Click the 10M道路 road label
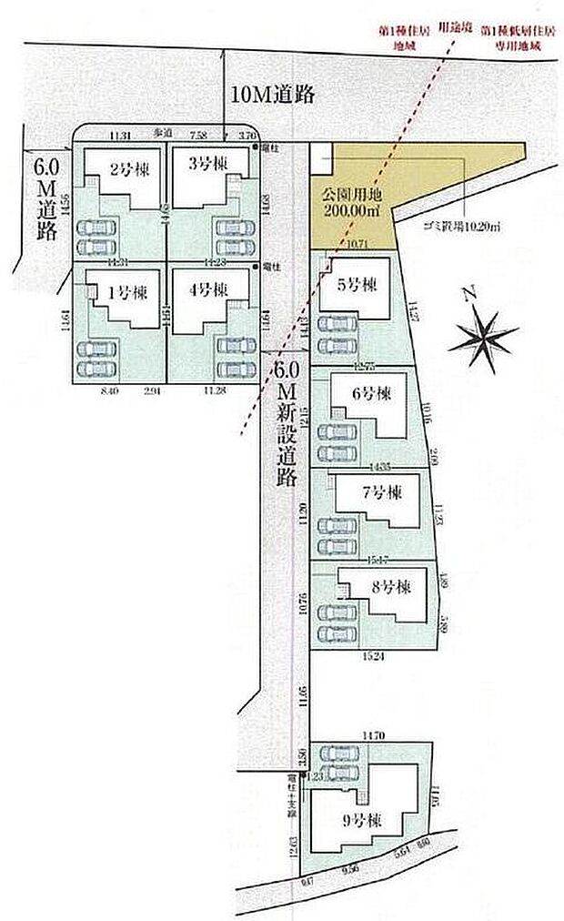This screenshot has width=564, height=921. click(272, 95)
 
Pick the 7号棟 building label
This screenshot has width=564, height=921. click(381, 492)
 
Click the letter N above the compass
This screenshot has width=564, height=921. click(469, 294)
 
